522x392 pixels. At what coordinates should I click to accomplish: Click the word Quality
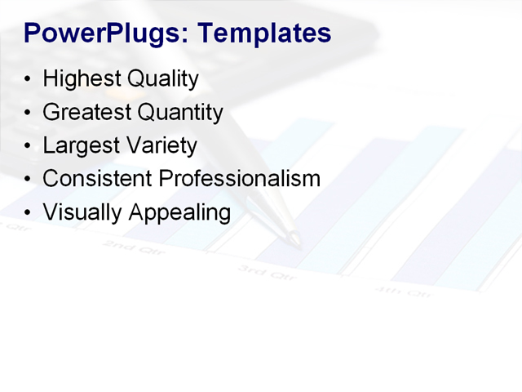pyautogui.click(x=161, y=79)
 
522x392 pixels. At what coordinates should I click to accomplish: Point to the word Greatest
pyautogui.click(x=86, y=112)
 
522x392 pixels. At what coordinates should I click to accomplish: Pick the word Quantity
pyautogui.click(x=179, y=112)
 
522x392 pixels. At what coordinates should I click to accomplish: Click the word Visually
pyautogui.click(x=80, y=212)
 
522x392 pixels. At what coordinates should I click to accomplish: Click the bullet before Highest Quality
pyautogui.click(x=29, y=80)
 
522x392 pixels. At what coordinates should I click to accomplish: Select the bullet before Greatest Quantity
pyautogui.click(x=29, y=113)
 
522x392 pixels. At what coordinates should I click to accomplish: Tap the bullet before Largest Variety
pyautogui.click(x=29, y=146)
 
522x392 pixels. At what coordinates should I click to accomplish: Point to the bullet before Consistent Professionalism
pyautogui.click(x=29, y=179)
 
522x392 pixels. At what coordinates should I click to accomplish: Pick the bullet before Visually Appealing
pyautogui.click(x=29, y=212)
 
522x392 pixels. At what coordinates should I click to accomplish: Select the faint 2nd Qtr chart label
pyautogui.click(x=135, y=247)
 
